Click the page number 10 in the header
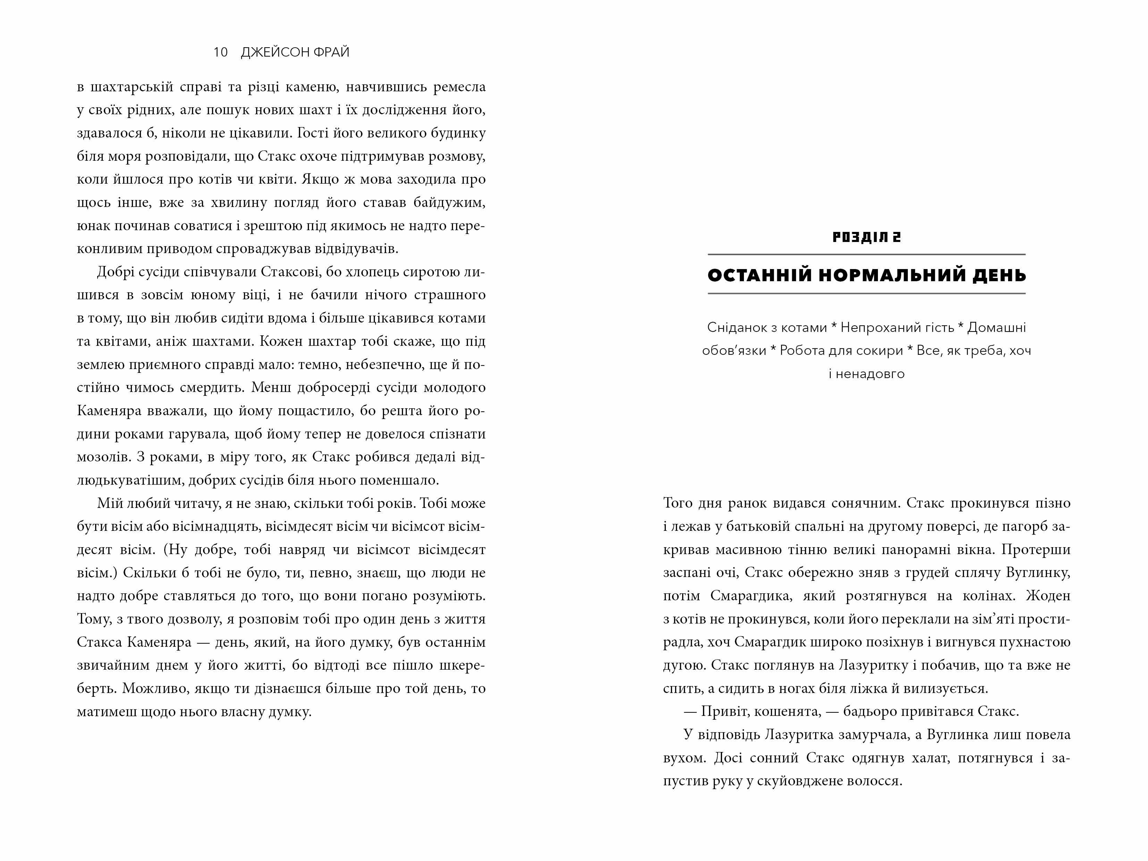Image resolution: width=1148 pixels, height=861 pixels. pos(220,52)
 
